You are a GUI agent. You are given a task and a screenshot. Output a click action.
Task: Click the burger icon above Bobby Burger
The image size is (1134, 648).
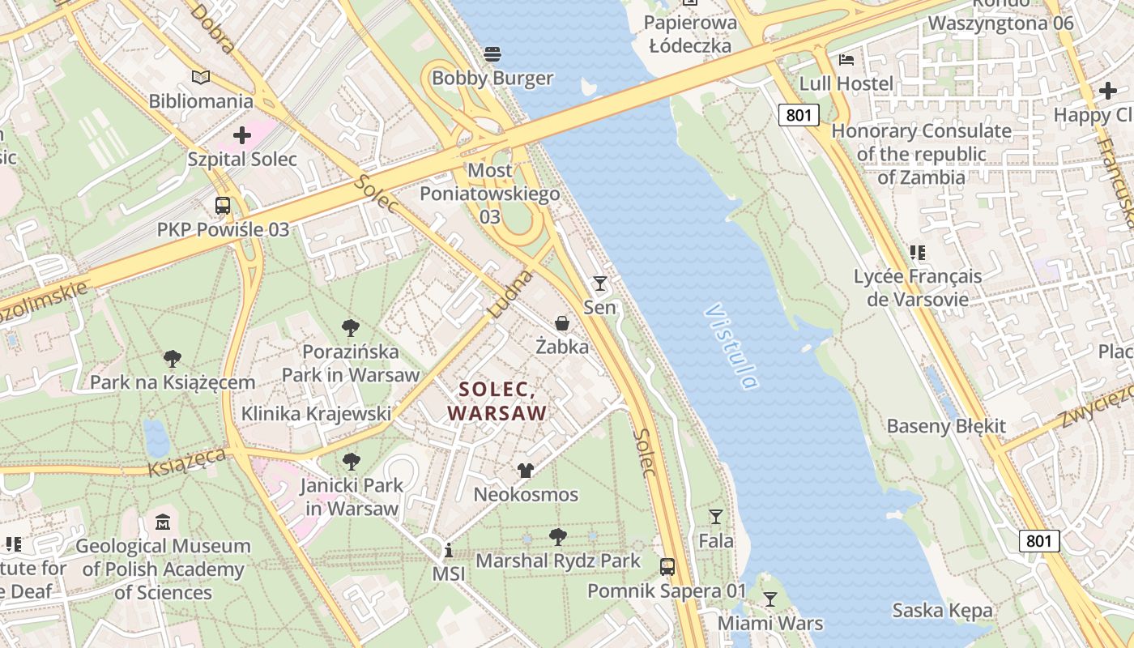(492, 54)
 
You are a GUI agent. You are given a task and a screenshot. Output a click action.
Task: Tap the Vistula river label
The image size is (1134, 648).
(731, 347)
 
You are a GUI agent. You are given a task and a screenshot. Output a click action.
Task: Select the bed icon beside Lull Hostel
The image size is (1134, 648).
(846, 60)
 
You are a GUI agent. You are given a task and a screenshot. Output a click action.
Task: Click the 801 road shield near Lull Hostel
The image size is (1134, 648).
(798, 115)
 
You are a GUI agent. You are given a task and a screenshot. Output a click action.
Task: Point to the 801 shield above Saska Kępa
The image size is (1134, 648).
(1038, 540)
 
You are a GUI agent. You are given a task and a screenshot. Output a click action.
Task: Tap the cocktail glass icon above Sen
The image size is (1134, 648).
(599, 283)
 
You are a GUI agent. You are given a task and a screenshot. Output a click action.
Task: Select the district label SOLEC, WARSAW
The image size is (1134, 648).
(497, 401)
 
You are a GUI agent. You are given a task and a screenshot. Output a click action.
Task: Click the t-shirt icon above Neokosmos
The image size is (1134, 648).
(526, 470)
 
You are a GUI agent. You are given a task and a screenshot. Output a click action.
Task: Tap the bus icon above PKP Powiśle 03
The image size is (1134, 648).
(223, 206)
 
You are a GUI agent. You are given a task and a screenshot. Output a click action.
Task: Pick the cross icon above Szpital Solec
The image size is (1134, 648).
(241, 135)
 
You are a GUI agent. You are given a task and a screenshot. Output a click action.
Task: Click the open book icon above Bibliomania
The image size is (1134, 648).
(201, 77)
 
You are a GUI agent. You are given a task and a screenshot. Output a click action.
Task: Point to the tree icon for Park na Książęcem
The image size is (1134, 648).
(172, 358)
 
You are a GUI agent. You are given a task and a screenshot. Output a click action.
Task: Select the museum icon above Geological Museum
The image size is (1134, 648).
(163, 522)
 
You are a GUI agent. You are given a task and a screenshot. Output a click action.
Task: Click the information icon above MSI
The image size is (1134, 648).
(448, 551)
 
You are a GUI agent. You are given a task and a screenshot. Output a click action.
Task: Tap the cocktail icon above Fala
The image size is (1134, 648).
(715, 516)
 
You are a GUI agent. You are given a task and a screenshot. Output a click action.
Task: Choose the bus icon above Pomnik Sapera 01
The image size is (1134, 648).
(667, 567)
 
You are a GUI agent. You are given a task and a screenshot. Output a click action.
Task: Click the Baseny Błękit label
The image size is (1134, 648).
(946, 426)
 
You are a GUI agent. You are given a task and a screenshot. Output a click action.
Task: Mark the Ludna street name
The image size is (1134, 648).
(511, 293)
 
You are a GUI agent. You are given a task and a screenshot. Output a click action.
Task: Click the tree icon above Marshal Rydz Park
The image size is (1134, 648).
(557, 536)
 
